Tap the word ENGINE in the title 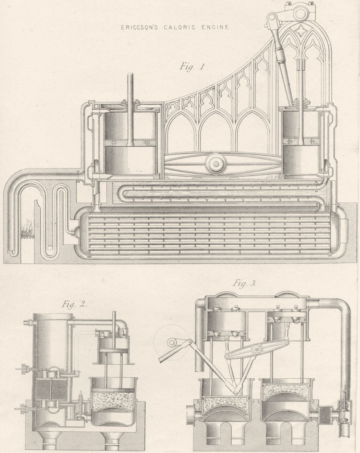(214, 27)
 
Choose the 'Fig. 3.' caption (245, 284)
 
